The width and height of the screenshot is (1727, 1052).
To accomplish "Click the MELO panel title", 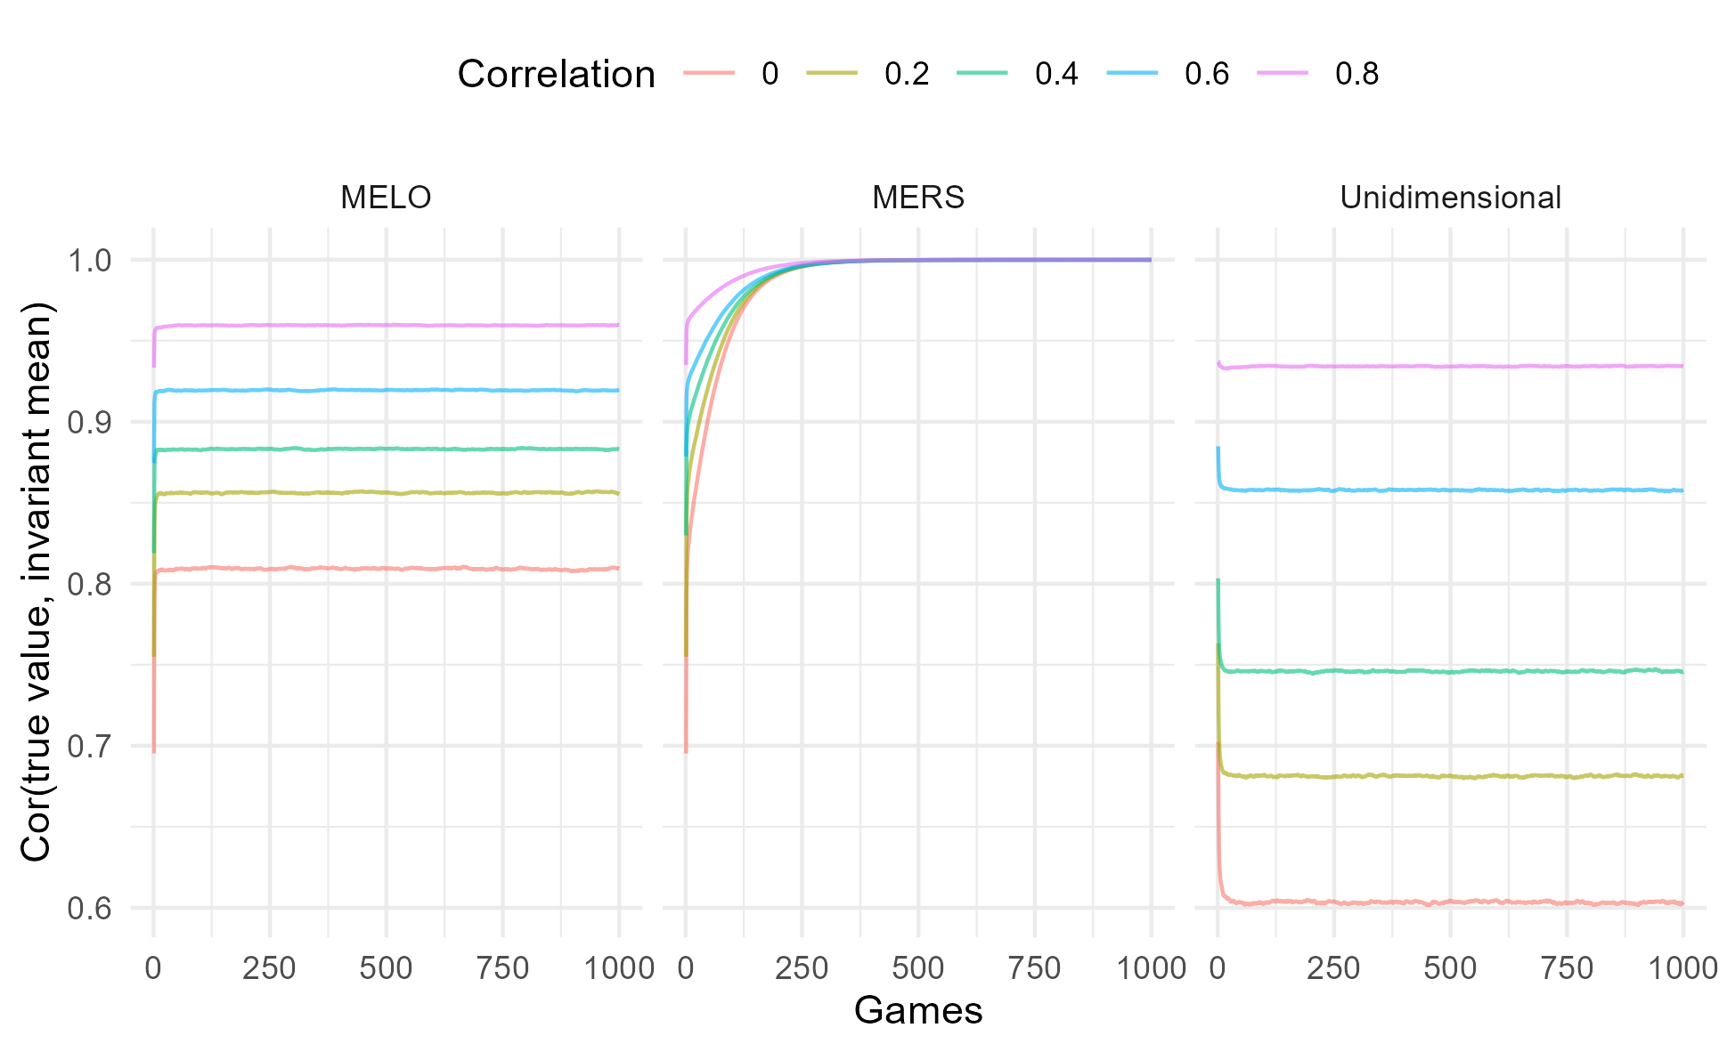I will (386, 197).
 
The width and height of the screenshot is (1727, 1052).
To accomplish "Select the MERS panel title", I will (918, 197).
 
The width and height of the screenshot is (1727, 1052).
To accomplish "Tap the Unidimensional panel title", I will (1450, 197).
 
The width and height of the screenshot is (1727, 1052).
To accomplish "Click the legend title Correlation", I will (556, 74).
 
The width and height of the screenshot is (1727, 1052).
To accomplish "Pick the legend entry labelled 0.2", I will (907, 74).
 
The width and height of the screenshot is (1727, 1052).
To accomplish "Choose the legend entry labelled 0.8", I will (1356, 74).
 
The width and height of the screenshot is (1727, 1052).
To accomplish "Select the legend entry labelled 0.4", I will (1056, 74).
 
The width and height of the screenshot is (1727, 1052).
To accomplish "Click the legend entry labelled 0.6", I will (1207, 74).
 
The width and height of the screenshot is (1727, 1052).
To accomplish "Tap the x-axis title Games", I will (918, 1011).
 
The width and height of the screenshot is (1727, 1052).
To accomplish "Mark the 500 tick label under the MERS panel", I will (918, 967).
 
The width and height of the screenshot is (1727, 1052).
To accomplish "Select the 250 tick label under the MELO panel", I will (269, 967).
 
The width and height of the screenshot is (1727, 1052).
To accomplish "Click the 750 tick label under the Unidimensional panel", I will (1567, 967).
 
